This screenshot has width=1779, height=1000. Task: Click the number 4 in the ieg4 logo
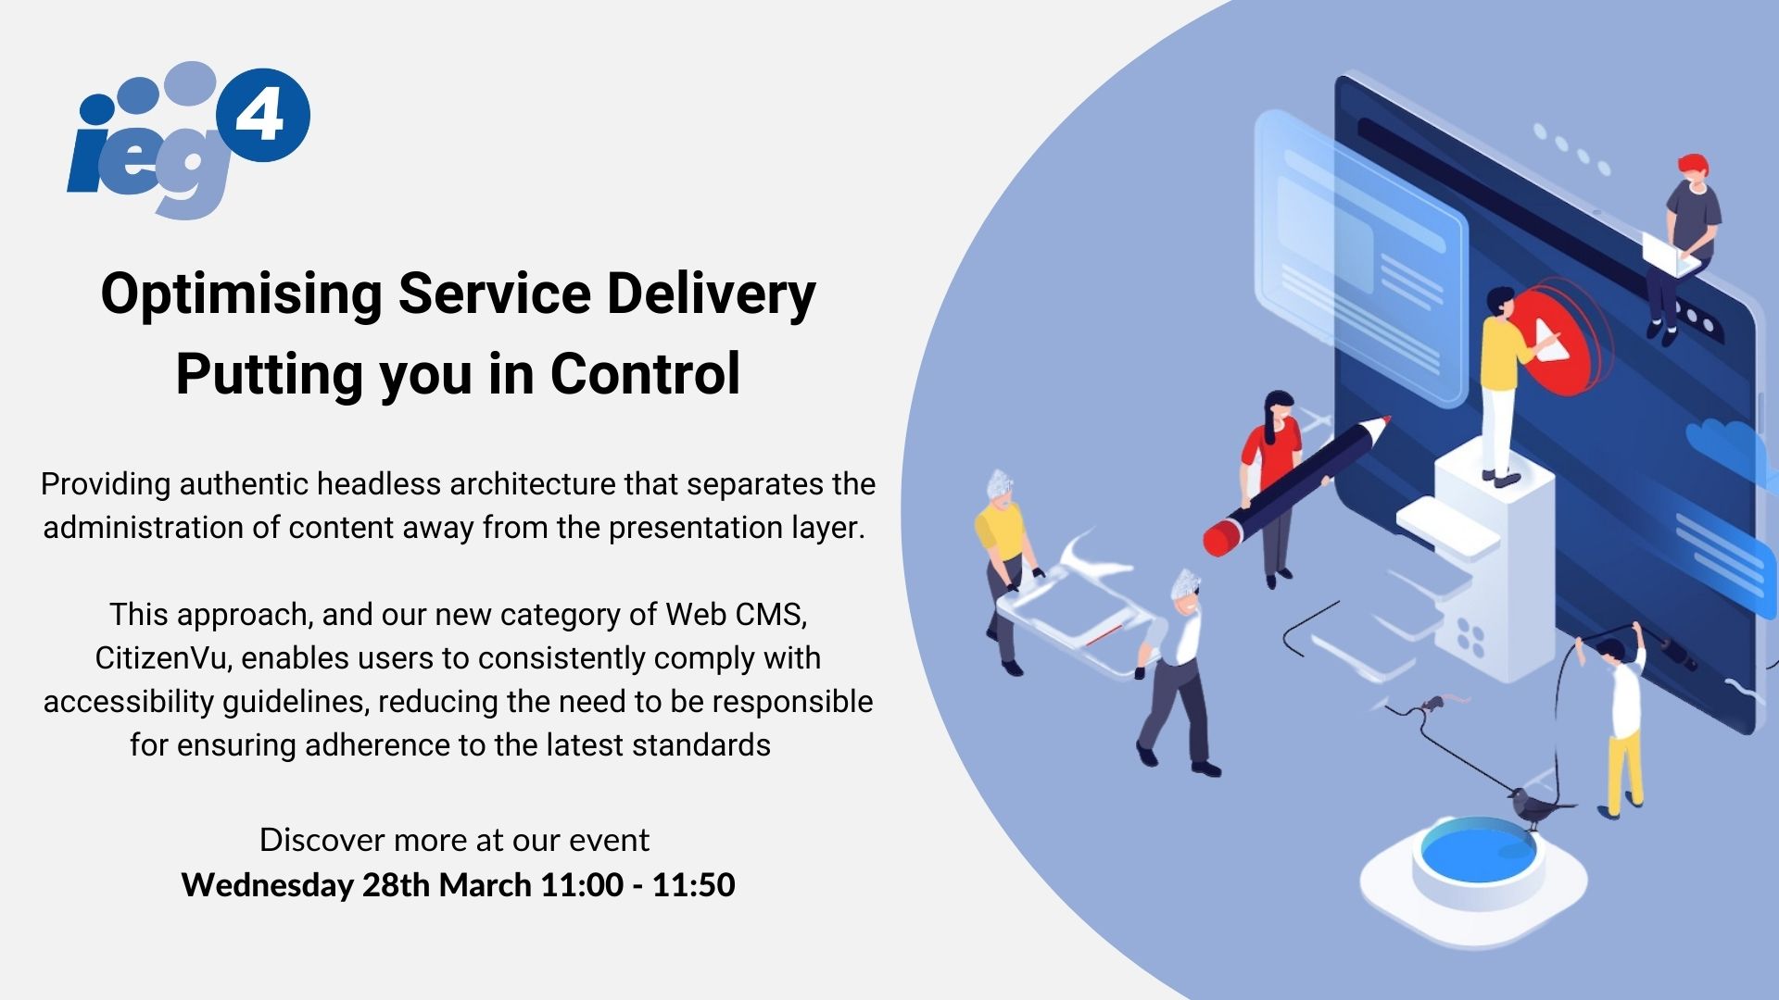262,116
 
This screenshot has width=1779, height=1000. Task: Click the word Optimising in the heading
241,294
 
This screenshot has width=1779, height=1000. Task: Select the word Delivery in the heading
711,294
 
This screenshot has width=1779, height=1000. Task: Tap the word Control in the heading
645,374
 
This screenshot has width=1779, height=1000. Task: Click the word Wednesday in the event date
267,885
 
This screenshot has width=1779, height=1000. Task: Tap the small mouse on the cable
1433,704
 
